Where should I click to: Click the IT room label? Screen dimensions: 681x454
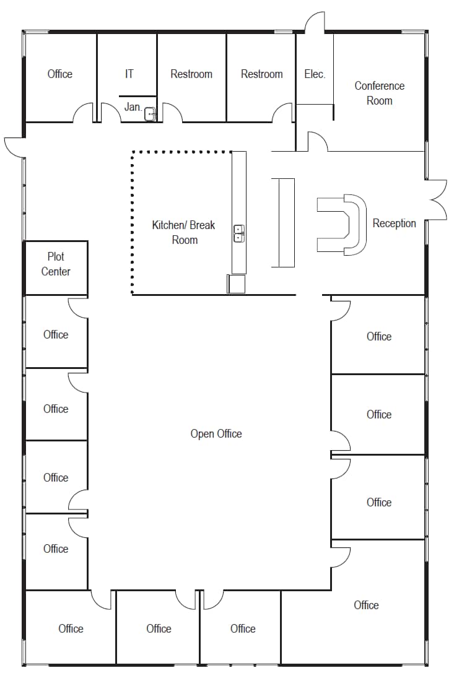click(129, 74)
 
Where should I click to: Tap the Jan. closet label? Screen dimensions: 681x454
click(133, 107)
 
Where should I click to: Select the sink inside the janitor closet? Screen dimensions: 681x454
click(150, 114)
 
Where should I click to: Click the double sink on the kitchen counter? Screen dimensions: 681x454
click(238, 233)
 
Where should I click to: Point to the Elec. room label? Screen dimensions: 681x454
click(315, 74)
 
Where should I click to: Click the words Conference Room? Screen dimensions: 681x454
click(379, 93)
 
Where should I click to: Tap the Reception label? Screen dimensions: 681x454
click(394, 223)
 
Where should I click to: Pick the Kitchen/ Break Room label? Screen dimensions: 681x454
click(184, 232)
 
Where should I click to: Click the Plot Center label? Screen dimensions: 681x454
click(56, 264)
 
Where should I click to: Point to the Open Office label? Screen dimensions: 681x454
click(216, 433)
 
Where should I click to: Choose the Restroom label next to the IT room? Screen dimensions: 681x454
click(191, 74)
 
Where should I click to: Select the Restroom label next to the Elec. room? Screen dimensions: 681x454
click(261, 74)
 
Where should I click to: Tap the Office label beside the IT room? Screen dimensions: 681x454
click(60, 74)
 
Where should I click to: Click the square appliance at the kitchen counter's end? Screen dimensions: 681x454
click(236, 284)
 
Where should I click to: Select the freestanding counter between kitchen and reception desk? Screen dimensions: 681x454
click(283, 222)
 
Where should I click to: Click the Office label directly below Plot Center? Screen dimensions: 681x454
click(56, 334)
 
